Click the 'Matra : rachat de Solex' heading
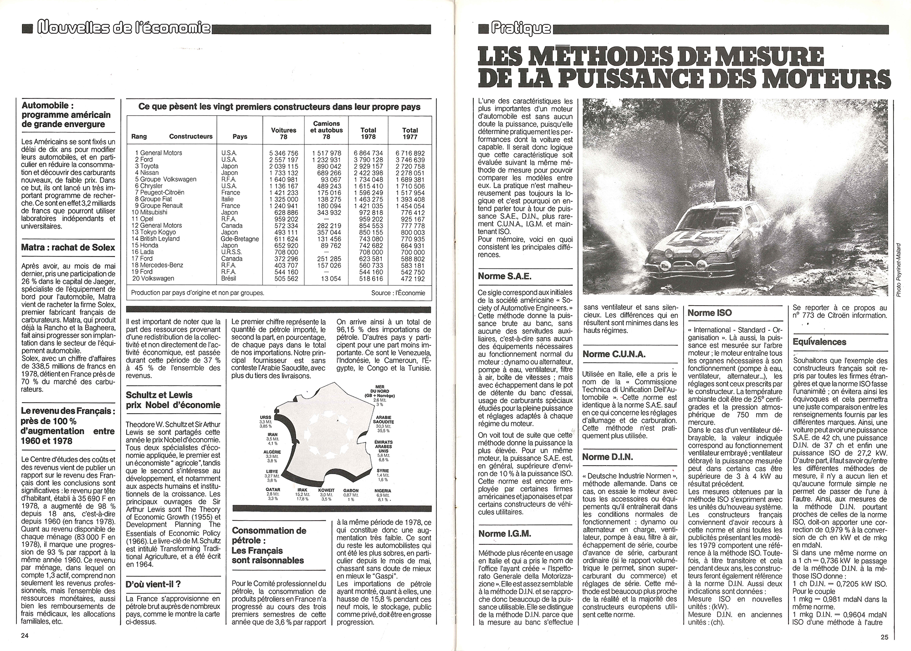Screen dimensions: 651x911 [68, 247]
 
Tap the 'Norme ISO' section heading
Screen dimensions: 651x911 [710, 313]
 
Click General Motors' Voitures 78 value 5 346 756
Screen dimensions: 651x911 [283, 153]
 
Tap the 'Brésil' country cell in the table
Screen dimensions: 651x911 [231, 278]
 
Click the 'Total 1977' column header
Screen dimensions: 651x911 [410, 133]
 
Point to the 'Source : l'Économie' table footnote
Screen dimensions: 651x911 [398, 293]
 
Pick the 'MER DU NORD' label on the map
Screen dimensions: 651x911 [379, 390]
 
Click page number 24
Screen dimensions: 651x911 [25, 637]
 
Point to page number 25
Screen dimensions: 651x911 [884, 637]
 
